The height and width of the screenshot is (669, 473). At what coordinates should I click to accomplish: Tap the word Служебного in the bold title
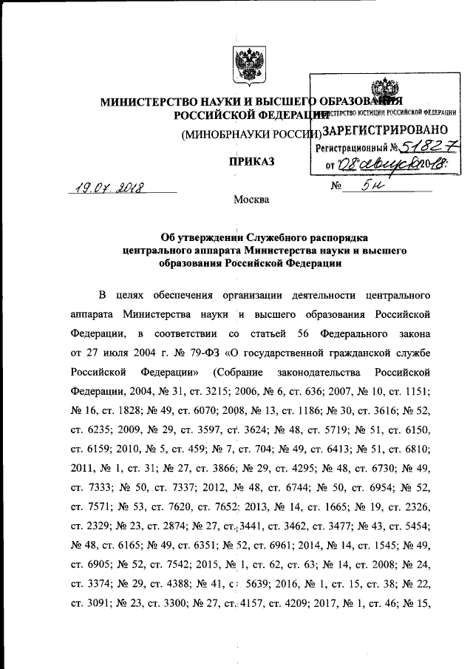coord(251,237)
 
